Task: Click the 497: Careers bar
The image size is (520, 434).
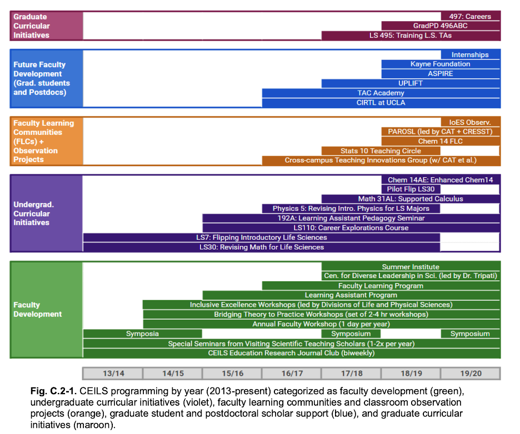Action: point(470,17)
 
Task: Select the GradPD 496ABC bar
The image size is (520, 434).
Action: point(441,26)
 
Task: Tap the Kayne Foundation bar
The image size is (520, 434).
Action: point(441,64)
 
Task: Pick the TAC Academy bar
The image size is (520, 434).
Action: point(381,93)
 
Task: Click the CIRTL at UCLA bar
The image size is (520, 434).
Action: point(381,103)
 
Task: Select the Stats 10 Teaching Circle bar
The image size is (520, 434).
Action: point(381,151)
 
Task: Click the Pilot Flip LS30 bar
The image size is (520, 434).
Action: point(411,189)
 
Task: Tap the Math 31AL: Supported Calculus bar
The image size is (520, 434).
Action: point(411,199)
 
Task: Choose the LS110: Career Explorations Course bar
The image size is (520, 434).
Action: point(351,228)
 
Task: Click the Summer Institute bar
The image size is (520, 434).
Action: point(411,267)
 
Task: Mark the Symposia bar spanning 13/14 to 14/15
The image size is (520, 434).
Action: point(142,334)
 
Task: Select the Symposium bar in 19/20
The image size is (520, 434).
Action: point(470,334)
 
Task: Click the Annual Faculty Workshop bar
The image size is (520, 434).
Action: point(321,324)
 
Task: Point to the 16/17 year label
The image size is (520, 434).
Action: point(292,374)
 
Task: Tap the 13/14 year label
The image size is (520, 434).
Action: point(113,374)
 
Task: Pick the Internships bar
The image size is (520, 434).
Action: point(470,55)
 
